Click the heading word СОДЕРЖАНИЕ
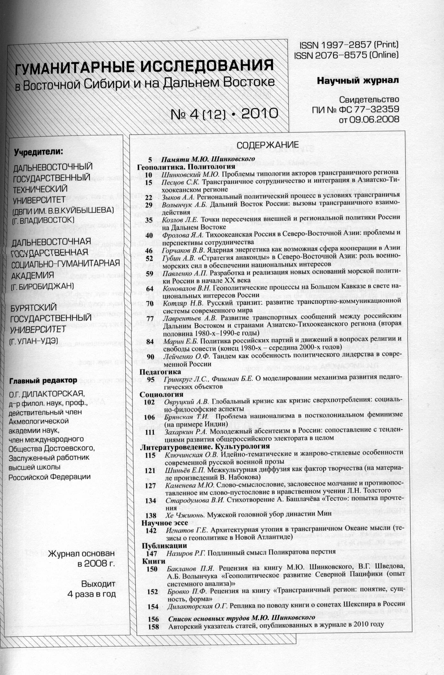click(x=268, y=145)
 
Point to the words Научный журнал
click(x=358, y=81)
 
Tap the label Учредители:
click(x=38, y=152)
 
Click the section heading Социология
click(x=161, y=394)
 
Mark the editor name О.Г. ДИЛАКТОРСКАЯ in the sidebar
click(x=47, y=393)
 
